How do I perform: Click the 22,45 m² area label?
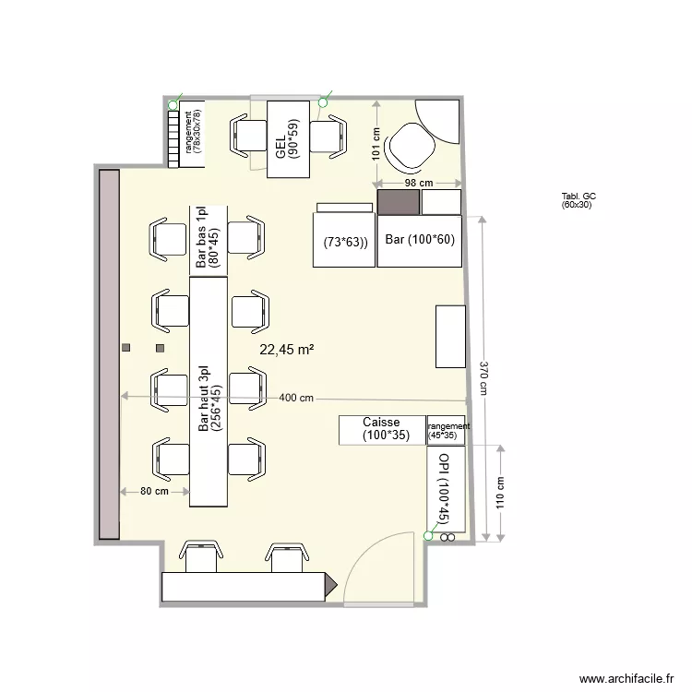tap(287, 350)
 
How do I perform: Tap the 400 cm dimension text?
tap(296, 398)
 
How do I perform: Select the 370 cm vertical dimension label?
tap(484, 377)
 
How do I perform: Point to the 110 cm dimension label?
tap(501, 493)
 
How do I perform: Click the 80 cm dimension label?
tap(154, 491)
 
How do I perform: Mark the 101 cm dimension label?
tap(376, 142)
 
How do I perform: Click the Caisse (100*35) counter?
tap(381, 429)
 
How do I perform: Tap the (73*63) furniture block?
tap(345, 242)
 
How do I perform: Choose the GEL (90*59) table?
tap(287, 138)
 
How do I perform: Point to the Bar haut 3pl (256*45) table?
tap(209, 392)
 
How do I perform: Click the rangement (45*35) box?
tap(447, 431)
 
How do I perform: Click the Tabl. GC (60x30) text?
tap(579, 201)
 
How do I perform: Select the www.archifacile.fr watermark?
tap(625, 676)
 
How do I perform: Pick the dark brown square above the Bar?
tap(399, 201)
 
